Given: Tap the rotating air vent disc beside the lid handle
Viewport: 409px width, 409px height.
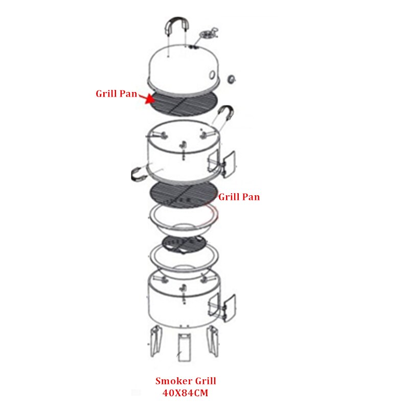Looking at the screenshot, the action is [208, 34].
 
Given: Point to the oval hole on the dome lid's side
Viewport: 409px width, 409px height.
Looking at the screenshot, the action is [212, 75].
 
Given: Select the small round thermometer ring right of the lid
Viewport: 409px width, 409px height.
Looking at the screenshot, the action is [231, 79].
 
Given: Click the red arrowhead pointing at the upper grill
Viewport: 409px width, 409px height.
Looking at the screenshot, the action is [150, 99].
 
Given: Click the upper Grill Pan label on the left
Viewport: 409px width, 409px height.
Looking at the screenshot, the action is [117, 94].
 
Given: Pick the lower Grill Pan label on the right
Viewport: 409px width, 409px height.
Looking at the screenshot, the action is [239, 197].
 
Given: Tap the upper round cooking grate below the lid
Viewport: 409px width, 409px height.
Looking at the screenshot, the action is [184, 104].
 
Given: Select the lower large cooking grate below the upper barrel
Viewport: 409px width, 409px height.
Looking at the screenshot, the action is [183, 194].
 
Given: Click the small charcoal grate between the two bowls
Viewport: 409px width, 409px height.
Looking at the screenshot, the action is [184, 244].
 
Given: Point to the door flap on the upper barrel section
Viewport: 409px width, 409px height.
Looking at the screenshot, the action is [229, 164].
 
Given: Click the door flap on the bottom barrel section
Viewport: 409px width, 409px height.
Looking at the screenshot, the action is [229, 308].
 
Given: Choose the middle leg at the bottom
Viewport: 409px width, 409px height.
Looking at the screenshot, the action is [184, 348].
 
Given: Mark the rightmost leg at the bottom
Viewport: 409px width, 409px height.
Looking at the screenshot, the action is [213, 341].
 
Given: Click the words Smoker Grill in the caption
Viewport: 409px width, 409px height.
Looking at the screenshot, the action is [186, 381].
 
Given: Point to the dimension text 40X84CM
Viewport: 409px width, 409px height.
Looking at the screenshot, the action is [186, 393].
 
